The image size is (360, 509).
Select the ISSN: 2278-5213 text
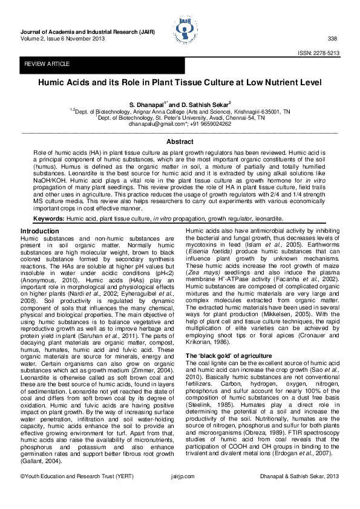click(318, 53)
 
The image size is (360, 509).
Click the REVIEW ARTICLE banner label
click(47, 64)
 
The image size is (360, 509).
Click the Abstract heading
click(180, 141)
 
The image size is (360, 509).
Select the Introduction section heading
click(40, 232)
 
